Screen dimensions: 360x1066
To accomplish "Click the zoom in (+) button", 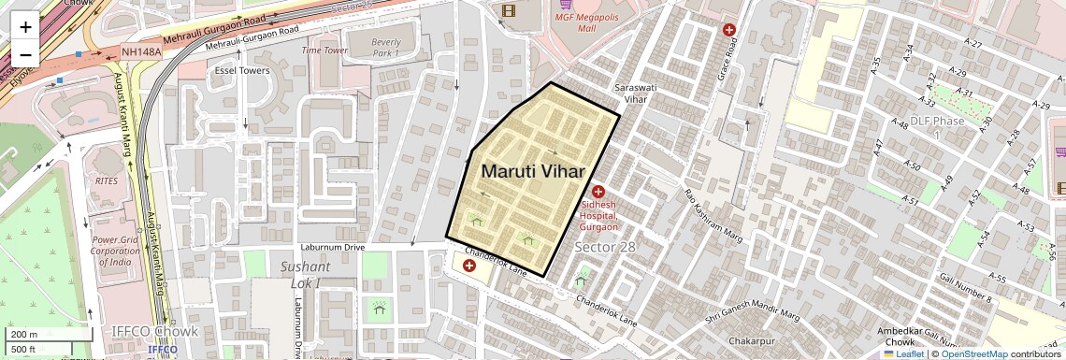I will click(x=25, y=26).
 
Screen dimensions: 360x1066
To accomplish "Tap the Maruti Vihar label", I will click(x=533, y=171).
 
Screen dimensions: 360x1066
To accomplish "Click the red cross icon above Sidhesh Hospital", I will click(x=598, y=192).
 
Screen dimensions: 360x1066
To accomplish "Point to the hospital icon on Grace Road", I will click(x=729, y=30).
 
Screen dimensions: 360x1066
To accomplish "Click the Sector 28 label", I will click(x=604, y=247).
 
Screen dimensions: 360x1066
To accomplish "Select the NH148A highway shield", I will click(x=141, y=52).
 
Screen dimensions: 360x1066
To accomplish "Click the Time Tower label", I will click(x=324, y=50).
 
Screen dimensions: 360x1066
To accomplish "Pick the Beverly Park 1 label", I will click(x=385, y=48).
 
